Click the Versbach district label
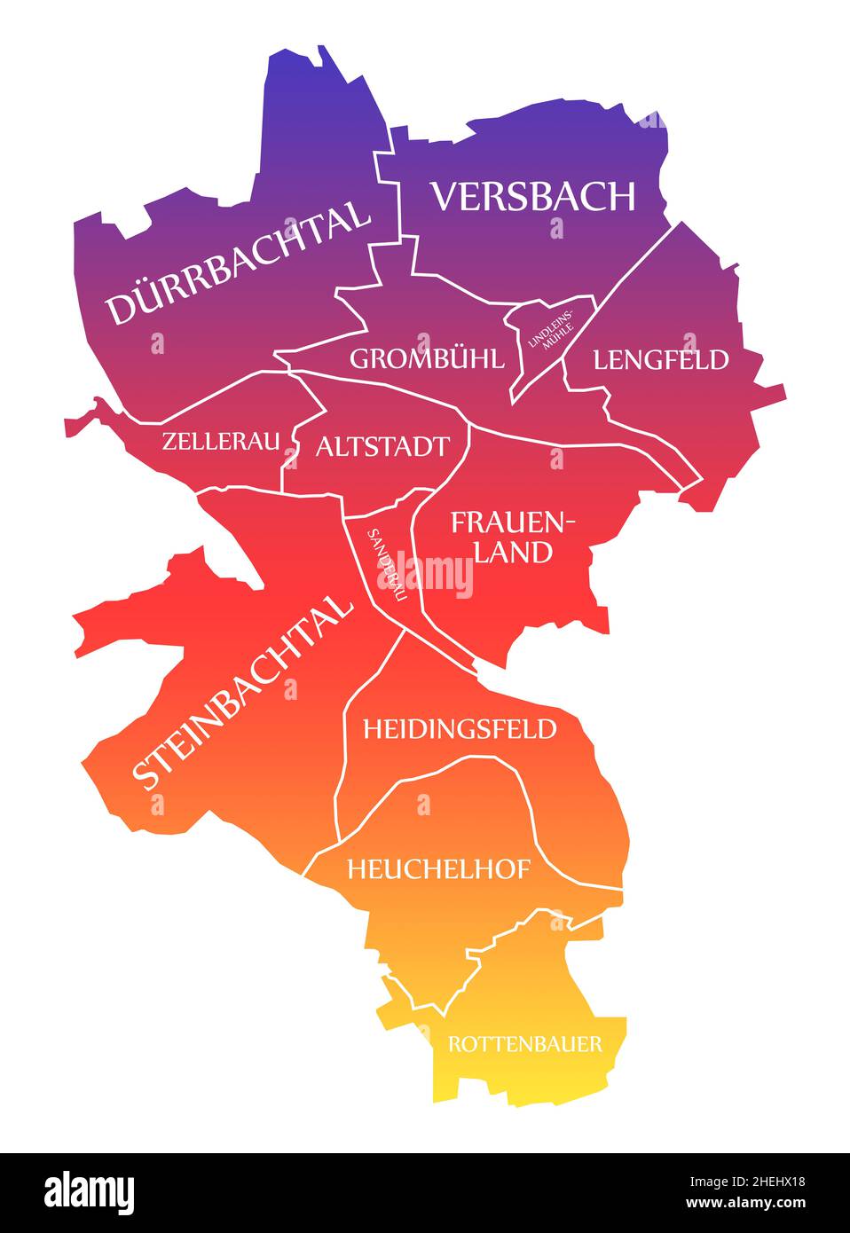click(x=533, y=196)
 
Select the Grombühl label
click(x=427, y=358)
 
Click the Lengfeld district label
click(x=661, y=359)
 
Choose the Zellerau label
click(x=221, y=440)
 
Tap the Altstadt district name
click(x=382, y=445)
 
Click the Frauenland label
click(x=514, y=537)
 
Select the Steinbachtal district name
click(x=241, y=693)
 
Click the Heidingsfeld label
click(x=460, y=729)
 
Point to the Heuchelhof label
click(x=438, y=869)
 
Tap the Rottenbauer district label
click(x=525, y=1043)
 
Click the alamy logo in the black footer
click(x=90, y=1190)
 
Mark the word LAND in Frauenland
click(x=514, y=552)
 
